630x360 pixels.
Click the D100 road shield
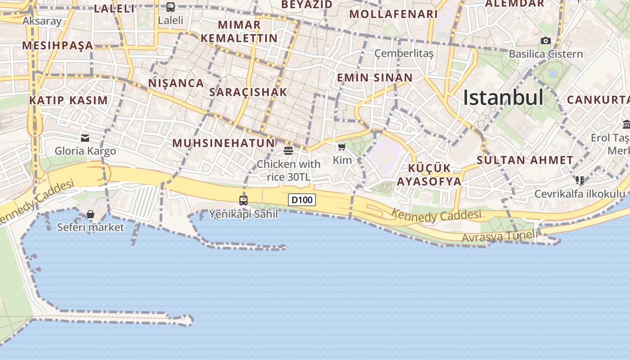point(301,200)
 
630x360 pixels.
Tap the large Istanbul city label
point(503,98)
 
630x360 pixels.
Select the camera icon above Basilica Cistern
point(545,41)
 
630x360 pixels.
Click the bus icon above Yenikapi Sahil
point(243,200)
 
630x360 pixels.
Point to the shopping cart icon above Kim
point(342,147)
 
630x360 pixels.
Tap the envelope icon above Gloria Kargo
point(85,138)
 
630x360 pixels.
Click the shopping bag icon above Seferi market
point(90,214)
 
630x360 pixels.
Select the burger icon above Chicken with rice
point(288,150)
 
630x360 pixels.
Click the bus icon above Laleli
point(171,7)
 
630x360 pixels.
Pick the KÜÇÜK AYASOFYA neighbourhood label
point(429,175)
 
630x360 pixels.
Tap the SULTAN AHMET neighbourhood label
point(525,160)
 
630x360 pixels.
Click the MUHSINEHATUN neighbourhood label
point(223,143)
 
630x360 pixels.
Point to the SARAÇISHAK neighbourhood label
point(248,92)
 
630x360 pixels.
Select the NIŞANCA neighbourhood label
point(176,83)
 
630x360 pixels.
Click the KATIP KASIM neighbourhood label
point(68,100)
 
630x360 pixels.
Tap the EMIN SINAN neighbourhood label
point(375,77)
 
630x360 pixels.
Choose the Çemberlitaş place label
point(404,54)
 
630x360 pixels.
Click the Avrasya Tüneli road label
point(499,236)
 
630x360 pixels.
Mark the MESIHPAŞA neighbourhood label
point(57,45)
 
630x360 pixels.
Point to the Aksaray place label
point(42,21)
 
